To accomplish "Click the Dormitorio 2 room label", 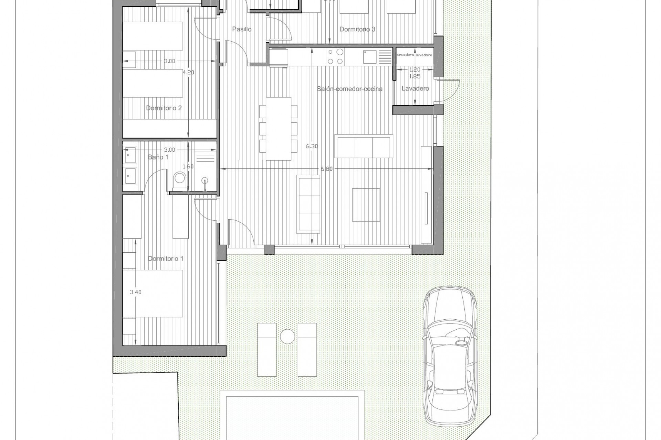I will [x=164, y=108].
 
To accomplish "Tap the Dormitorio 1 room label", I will [x=166, y=258].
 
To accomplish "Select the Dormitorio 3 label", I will [x=357, y=30].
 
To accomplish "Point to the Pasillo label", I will [x=242, y=30].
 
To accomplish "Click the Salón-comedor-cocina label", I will [x=350, y=89].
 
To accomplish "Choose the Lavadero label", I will [x=415, y=89].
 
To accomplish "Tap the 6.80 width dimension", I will [x=326, y=169].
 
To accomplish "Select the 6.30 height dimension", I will [x=312, y=146].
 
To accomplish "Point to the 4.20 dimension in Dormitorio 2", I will [x=188, y=73].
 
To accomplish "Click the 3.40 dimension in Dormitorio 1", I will [x=135, y=292].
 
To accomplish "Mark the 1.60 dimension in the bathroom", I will [x=188, y=167].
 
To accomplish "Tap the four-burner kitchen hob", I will [x=335, y=57].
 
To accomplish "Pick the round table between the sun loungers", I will [x=287, y=337].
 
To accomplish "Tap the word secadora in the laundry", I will [x=406, y=55].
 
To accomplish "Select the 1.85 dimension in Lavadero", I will [x=415, y=76].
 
